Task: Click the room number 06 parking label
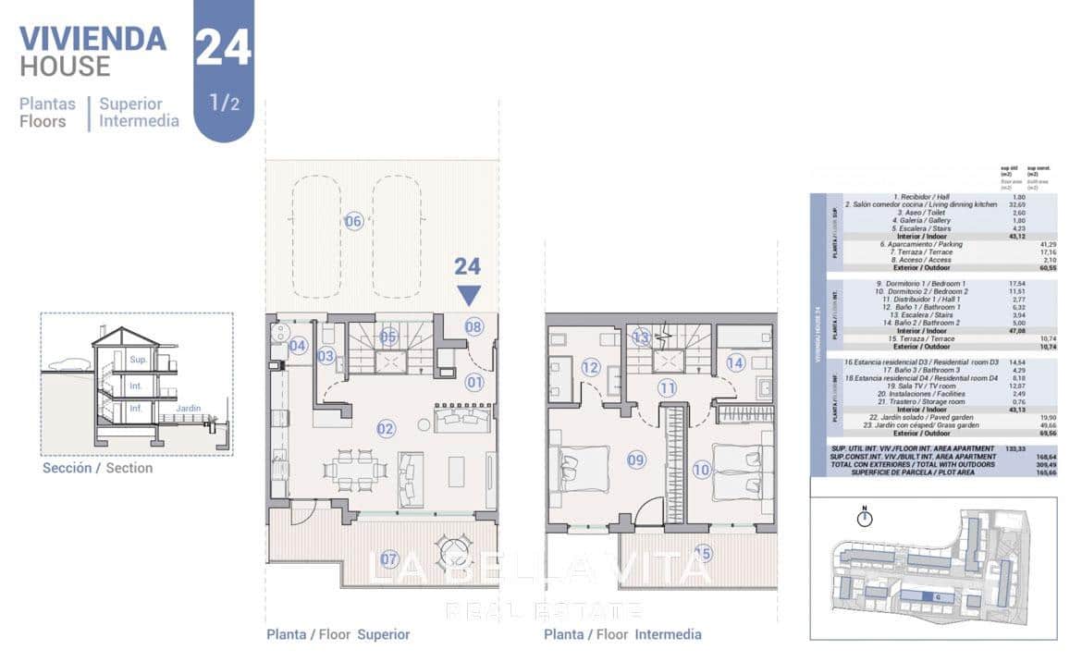coord(353,221)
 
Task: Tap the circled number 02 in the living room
coord(386,428)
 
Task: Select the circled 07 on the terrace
coord(389,558)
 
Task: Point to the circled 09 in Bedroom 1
coord(635,460)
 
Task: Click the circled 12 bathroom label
coord(591,367)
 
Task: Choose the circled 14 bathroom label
coord(734,363)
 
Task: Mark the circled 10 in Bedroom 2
coord(701,470)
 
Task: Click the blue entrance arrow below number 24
coord(468,295)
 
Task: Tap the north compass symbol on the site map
coord(865,518)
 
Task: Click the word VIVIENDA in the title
coord(92,39)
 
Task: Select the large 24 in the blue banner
coord(223,46)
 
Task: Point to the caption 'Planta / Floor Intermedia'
coord(622,634)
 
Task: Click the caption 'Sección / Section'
coord(97,468)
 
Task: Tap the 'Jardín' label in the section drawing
coord(188,408)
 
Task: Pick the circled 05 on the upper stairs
coord(388,337)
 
